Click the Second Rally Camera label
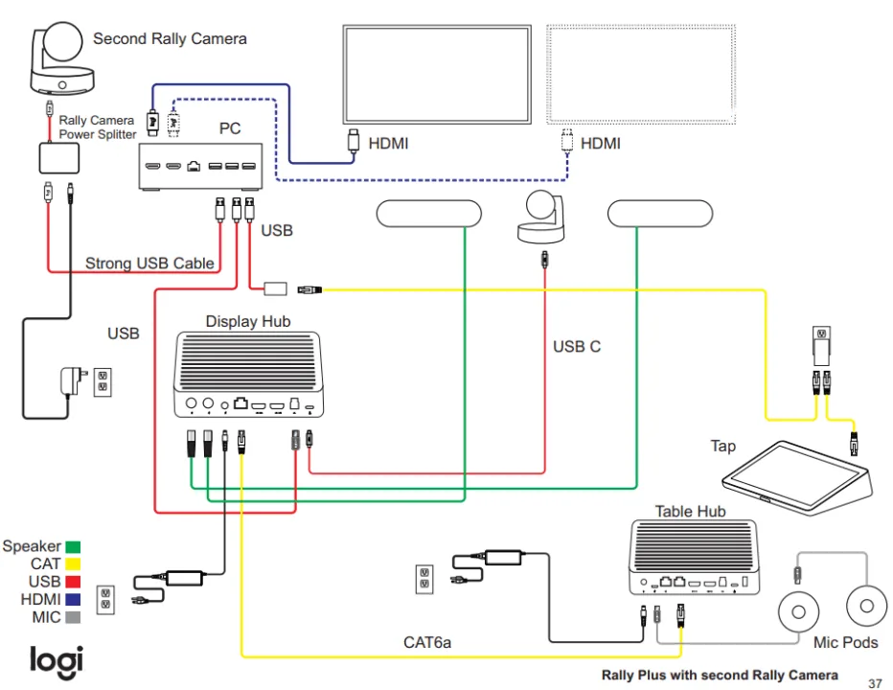170,39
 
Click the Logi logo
56,660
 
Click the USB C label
577,346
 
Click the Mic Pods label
845,642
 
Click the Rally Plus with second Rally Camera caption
720,675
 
